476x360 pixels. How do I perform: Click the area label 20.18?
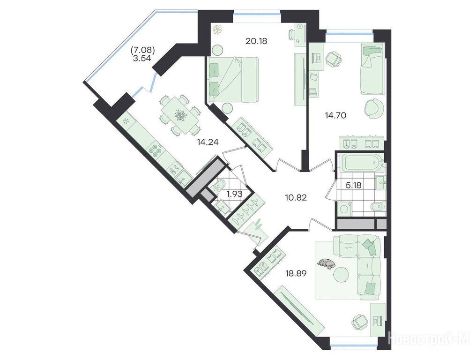click(256, 41)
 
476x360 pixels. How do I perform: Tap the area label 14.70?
click(335, 115)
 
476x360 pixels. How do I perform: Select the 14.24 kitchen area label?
click(208, 142)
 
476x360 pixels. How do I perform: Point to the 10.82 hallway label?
click(296, 198)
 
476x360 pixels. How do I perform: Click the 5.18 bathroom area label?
click(354, 185)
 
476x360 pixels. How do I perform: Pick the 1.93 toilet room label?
click(235, 194)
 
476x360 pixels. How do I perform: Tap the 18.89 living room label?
click(295, 273)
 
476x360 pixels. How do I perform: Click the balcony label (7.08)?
click(143, 49)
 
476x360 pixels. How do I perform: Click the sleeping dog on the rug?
click(327, 263)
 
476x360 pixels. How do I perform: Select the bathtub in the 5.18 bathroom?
click(360, 162)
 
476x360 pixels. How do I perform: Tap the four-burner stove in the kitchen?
click(155, 151)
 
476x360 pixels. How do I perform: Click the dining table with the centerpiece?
click(180, 115)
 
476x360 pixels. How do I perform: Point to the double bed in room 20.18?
click(233, 80)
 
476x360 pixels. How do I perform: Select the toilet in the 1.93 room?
click(219, 186)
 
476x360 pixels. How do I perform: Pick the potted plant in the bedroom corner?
click(217, 30)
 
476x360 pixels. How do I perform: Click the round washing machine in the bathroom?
click(344, 210)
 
